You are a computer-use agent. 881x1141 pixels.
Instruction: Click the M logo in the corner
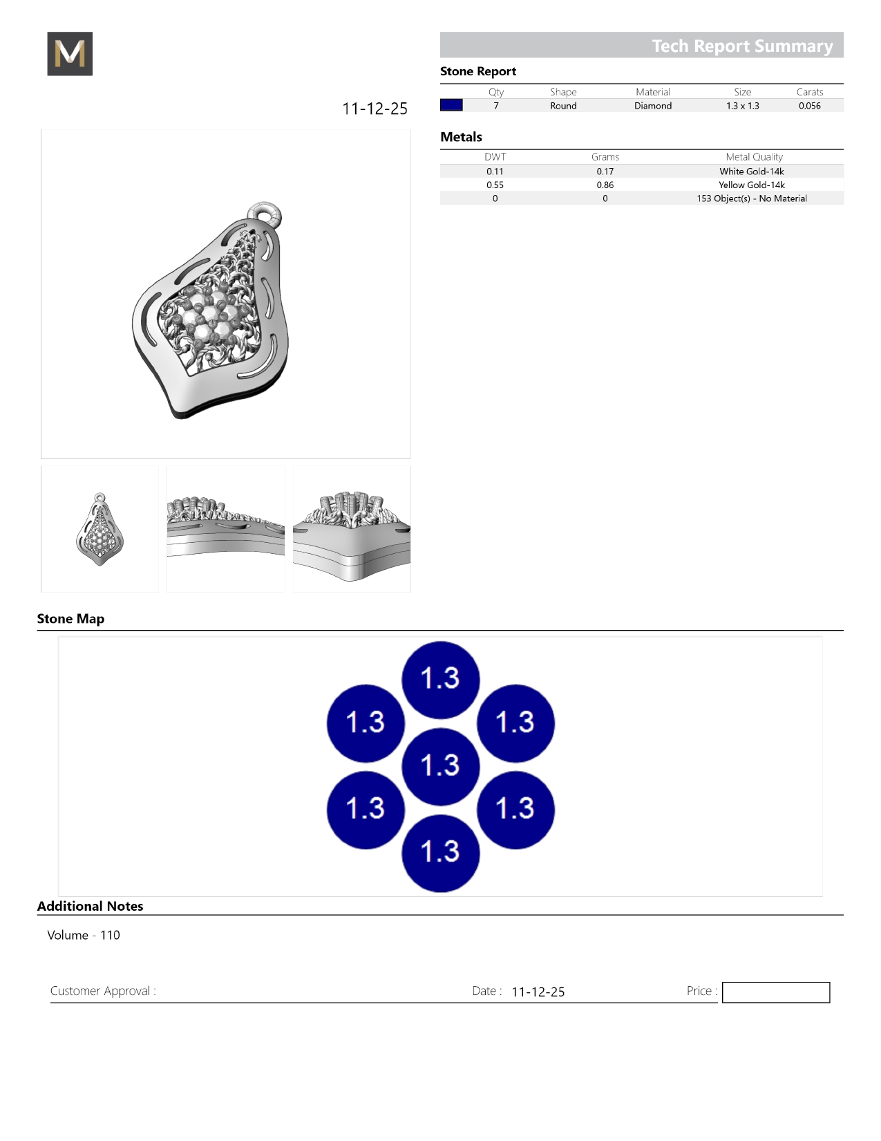click(70, 54)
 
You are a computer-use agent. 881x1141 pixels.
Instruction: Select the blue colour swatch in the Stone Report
click(451, 105)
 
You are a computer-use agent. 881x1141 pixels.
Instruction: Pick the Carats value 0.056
click(809, 106)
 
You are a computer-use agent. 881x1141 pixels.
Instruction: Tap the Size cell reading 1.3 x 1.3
click(742, 106)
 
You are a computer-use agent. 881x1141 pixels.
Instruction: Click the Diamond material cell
click(652, 106)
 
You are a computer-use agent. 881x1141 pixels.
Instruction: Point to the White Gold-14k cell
click(751, 171)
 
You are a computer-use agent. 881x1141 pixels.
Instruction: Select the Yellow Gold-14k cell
click(751, 185)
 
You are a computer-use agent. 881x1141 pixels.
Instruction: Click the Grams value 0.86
click(605, 185)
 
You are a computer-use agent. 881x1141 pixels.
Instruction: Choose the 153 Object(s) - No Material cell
click(751, 198)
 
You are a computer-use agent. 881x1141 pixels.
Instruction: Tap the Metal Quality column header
click(754, 157)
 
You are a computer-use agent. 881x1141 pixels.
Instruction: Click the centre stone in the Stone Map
click(440, 766)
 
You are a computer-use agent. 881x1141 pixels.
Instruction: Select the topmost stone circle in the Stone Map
click(440, 679)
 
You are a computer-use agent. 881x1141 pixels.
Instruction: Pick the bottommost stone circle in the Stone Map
click(440, 853)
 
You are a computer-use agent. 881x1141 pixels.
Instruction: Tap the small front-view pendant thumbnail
click(100, 529)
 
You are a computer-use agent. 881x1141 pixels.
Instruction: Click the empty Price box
click(775, 992)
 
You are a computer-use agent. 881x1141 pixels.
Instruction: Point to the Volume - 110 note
click(84, 935)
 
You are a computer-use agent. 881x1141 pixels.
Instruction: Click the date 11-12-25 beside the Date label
click(538, 992)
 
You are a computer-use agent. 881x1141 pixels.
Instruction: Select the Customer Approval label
click(103, 991)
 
